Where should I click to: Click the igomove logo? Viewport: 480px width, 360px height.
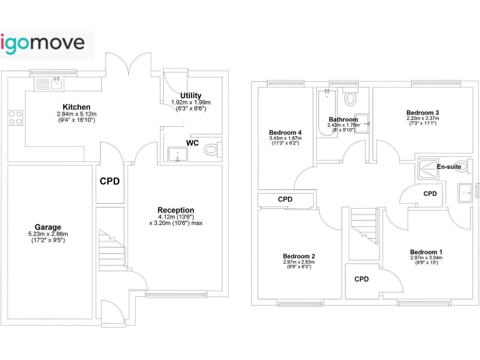pos(47,44)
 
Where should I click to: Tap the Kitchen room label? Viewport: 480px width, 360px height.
pos(76,107)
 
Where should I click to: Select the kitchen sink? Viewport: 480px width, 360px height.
pos(51,82)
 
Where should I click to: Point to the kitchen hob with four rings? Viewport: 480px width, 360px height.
pos(15,117)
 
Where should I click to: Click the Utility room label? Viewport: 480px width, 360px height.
pos(191,96)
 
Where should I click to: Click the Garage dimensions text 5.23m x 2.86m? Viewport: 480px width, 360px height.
pos(47,234)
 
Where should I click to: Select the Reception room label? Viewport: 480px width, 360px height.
pos(176,210)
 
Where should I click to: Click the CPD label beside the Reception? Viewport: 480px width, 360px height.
pos(110,182)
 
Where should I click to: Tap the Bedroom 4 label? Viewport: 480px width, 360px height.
pos(285,132)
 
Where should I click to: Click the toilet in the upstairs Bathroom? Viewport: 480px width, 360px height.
pos(351,98)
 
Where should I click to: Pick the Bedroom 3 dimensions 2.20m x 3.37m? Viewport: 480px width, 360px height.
pos(405,118)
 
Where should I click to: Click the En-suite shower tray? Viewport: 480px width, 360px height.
pos(427,166)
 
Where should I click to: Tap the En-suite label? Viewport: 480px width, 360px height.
pos(449,167)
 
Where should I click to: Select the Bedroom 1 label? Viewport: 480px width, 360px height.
pos(426,251)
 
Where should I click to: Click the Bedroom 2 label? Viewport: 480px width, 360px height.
pos(299,256)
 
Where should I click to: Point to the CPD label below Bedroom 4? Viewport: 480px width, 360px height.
pos(285,199)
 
